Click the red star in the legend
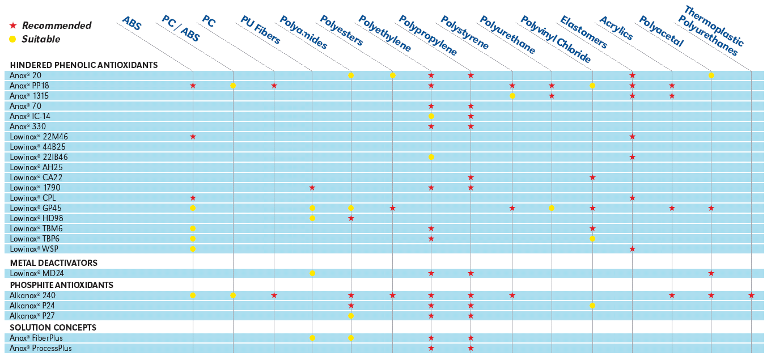tap(13, 26)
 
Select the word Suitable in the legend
tap(41, 39)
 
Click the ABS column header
tap(132, 23)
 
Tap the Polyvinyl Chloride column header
tap(555, 39)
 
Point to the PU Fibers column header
tap(260, 30)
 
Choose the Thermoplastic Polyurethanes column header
tap(712, 31)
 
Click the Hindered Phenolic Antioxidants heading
tap(84, 65)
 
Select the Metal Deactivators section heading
tap(54, 263)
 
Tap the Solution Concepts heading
tap(53, 328)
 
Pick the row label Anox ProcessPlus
tap(41, 348)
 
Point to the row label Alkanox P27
tap(32, 316)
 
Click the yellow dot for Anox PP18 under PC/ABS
tap(233, 86)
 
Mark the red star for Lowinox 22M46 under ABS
tap(193, 137)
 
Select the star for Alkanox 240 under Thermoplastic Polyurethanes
tap(751, 295)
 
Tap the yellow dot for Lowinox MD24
tap(312, 273)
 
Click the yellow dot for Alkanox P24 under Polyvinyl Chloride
tap(592, 306)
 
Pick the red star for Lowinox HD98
tap(351, 218)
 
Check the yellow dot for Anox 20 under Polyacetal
tap(711, 75)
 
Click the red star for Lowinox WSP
tap(632, 249)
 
